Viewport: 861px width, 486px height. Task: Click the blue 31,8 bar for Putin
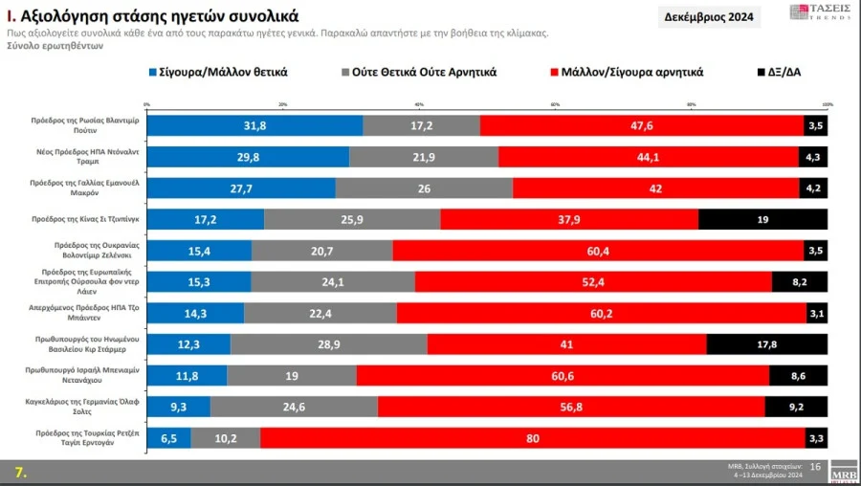[254, 125]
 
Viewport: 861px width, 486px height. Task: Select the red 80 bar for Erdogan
[532, 438]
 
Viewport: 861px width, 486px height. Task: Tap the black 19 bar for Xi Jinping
[762, 219]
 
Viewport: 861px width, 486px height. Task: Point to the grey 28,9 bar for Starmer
[329, 344]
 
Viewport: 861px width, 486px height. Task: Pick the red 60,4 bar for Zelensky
[598, 251]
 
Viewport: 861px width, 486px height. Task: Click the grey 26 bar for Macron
[424, 188]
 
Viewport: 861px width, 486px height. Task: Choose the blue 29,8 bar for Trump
[248, 157]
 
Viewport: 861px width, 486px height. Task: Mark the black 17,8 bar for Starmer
[766, 344]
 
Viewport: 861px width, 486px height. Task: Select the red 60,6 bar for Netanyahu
[563, 376]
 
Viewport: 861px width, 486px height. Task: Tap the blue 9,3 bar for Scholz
[178, 407]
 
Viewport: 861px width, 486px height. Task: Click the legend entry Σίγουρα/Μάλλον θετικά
[217, 72]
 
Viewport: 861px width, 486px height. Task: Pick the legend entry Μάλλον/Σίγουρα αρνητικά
[625, 72]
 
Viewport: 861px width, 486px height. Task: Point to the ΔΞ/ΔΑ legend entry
[778, 72]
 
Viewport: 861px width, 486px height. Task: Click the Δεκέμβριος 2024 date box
[708, 17]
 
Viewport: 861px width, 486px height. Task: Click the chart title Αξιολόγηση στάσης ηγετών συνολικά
[153, 16]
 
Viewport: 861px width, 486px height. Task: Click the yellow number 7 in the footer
[19, 471]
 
